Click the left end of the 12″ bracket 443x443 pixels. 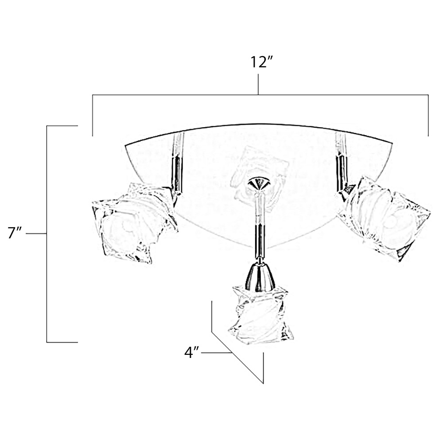click(92, 135)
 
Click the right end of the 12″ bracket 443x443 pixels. click(428, 135)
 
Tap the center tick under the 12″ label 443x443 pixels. click(258, 84)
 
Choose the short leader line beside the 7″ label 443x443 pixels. click(36, 233)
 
